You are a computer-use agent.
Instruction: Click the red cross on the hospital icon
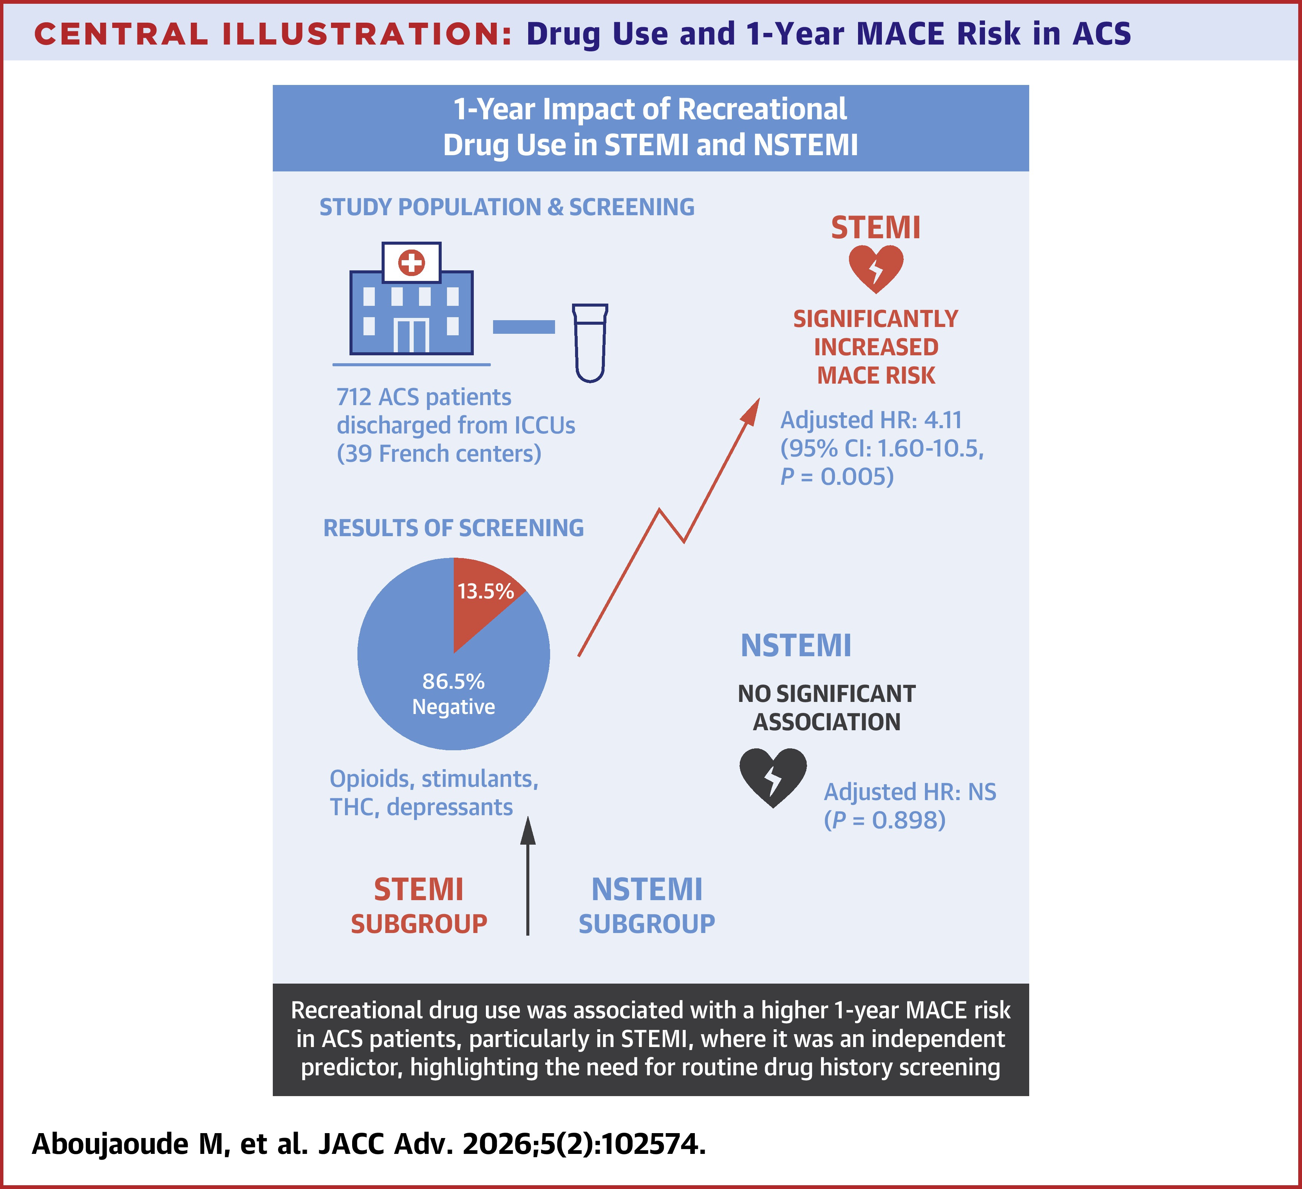point(411,263)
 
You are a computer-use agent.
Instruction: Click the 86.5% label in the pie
point(453,682)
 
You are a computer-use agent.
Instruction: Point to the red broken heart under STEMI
point(876,268)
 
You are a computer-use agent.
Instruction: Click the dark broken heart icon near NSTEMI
point(772,777)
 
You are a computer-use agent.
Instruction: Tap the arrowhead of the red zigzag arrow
point(751,410)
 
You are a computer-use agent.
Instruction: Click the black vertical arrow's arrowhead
point(528,831)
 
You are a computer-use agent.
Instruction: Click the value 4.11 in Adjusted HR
point(943,420)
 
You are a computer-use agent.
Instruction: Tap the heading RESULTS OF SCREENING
point(453,528)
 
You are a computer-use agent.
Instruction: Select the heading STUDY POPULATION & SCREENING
point(507,207)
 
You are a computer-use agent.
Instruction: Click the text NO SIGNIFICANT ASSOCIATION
point(827,708)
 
